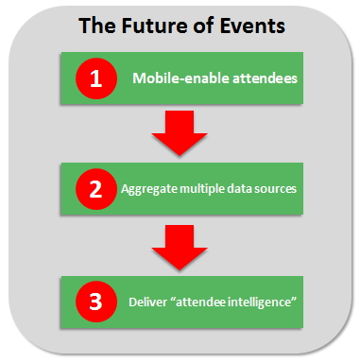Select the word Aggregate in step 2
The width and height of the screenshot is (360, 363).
[148, 188]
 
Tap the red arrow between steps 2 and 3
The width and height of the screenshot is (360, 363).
[179, 245]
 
